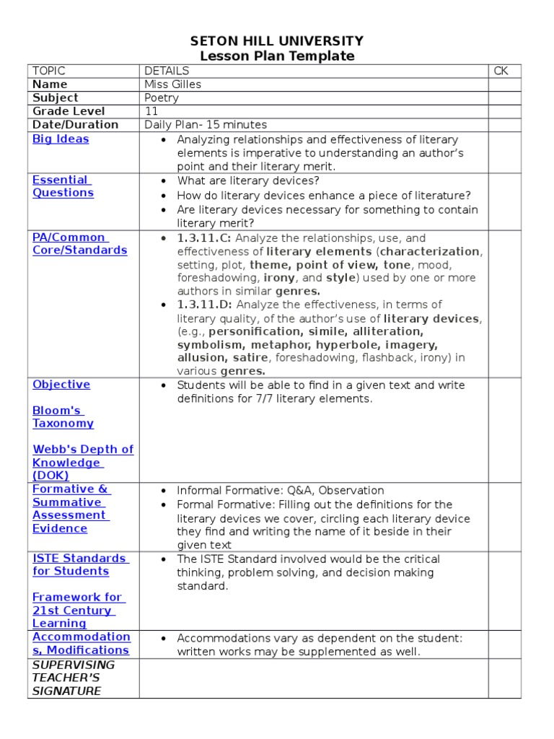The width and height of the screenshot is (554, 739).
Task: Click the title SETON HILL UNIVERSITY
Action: coord(277,41)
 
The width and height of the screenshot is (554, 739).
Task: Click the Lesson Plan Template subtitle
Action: coord(277,56)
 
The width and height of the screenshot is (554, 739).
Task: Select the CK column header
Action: coord(501,71)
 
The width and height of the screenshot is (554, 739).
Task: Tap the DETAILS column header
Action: coord(167,71)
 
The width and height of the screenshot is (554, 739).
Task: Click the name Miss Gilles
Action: coord(172,84)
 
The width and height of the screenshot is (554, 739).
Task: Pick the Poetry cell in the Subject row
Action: coord(162,98)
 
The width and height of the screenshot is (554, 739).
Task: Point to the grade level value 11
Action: coord(150,111)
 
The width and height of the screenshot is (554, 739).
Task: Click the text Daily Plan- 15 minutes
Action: coord(206,125)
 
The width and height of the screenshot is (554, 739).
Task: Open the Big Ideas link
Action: coord(61,139)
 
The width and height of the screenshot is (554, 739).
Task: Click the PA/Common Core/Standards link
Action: coord(79,244)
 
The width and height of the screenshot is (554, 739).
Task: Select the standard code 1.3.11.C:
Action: coord(204,238)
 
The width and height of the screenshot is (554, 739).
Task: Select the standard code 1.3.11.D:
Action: coord(204,305)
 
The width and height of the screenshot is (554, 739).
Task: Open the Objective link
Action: coord(61,385)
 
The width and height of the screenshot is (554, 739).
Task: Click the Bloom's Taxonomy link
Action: coord(63,417)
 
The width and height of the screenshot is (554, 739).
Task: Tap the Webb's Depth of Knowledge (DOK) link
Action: coord(82,462)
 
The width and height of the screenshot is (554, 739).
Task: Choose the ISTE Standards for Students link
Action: coord(79,564)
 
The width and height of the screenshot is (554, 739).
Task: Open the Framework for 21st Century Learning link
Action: coord(77,611)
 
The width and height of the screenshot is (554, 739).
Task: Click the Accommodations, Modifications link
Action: coord(81,643)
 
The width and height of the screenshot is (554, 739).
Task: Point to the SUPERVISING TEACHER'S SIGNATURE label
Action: coord(73,678)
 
